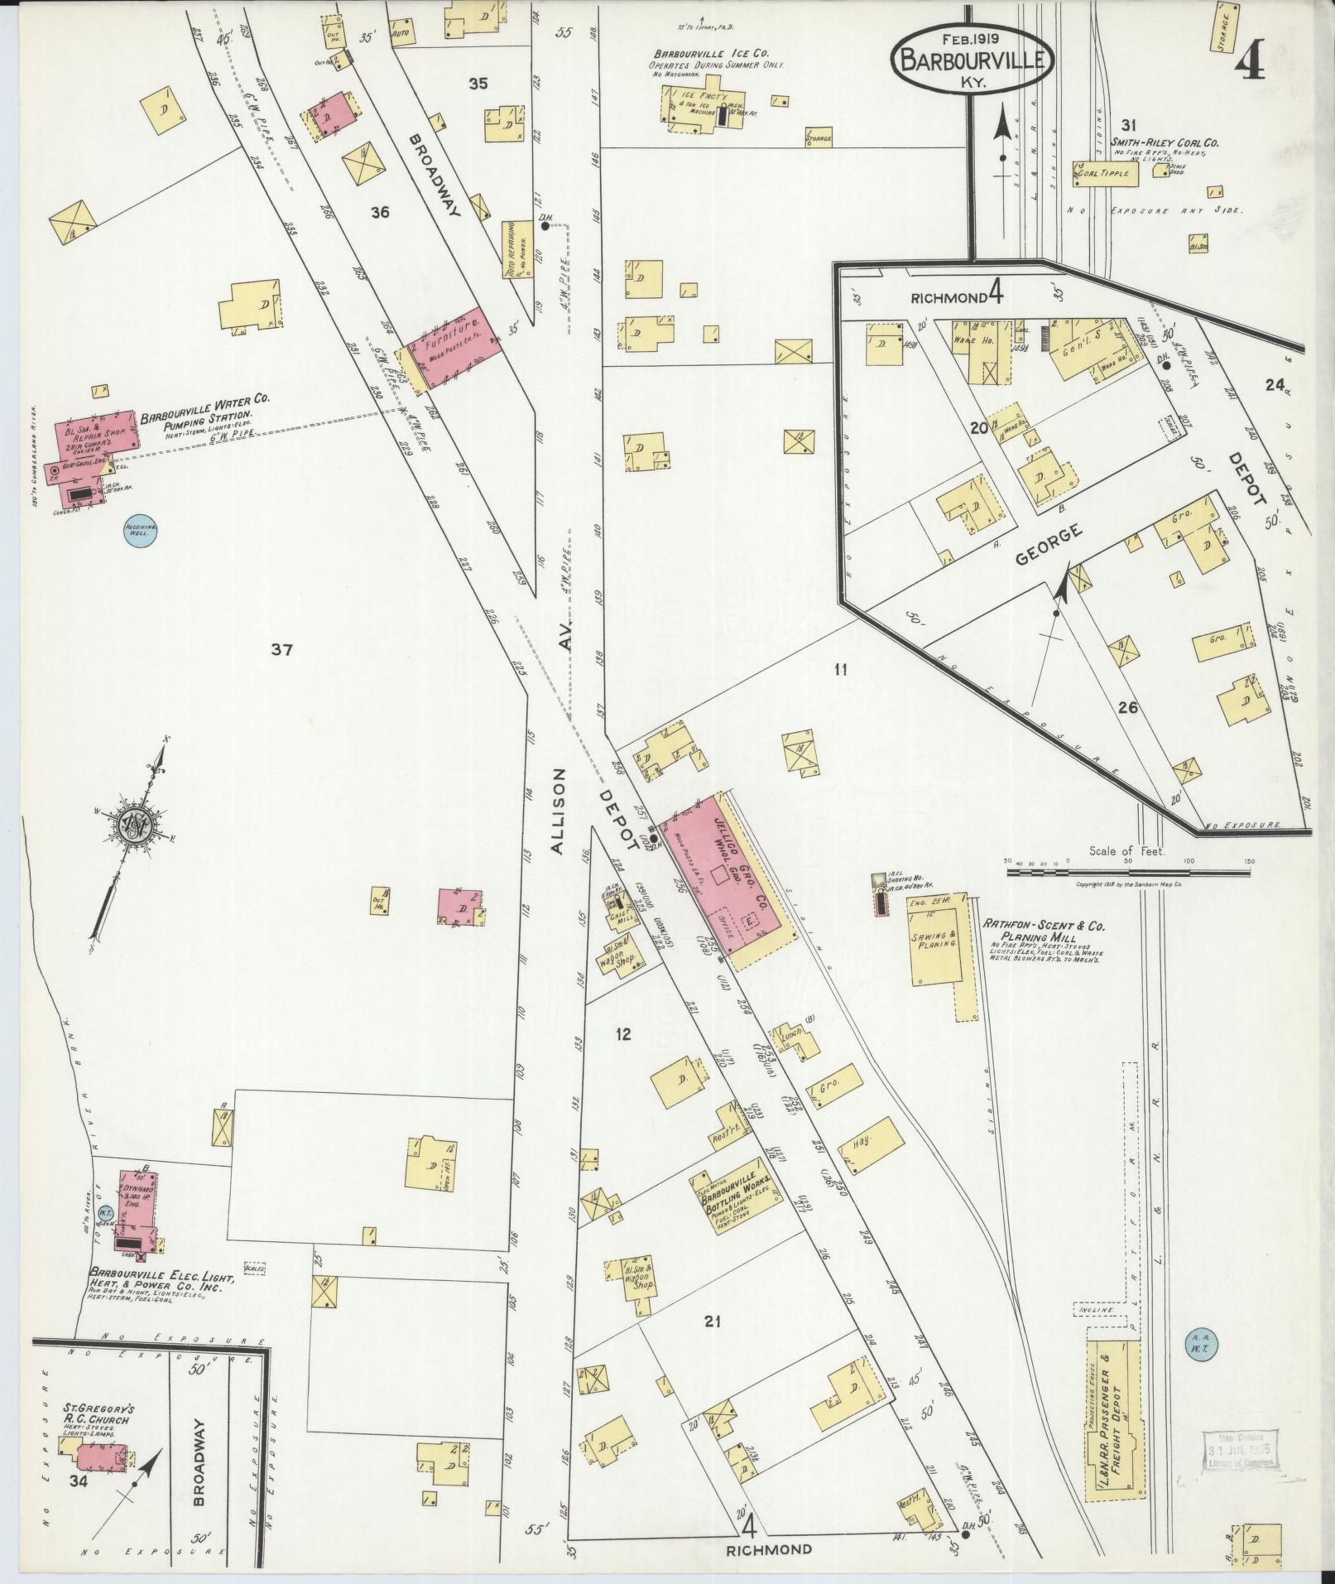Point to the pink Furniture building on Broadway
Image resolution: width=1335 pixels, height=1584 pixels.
coord(455,349)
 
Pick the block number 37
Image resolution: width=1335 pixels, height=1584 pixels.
coord(281,650)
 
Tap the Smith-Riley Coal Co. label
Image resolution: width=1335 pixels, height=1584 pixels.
coord(1164,142)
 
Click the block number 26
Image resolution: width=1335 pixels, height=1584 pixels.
coord(1127,708)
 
